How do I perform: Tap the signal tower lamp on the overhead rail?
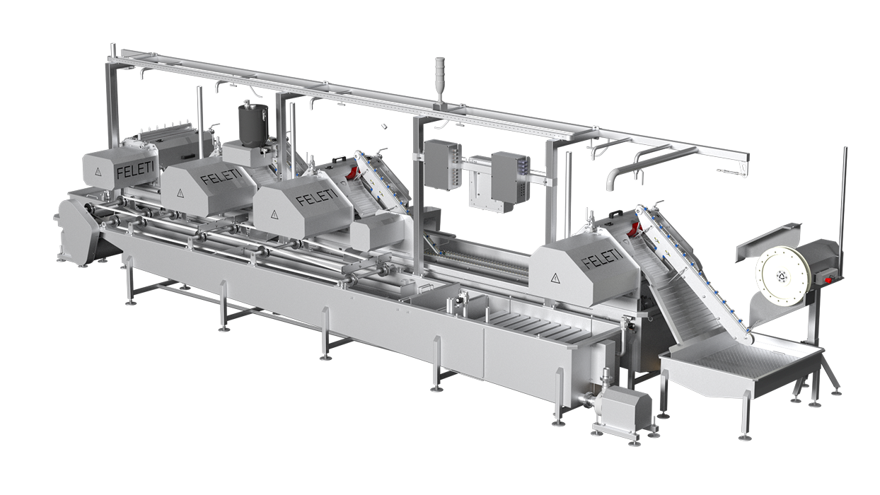(439, 81)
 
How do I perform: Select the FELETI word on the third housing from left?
(317, 197)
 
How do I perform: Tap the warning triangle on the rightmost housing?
(555, 278)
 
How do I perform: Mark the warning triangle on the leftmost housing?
(96, 172)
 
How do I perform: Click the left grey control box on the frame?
(441, 165)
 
